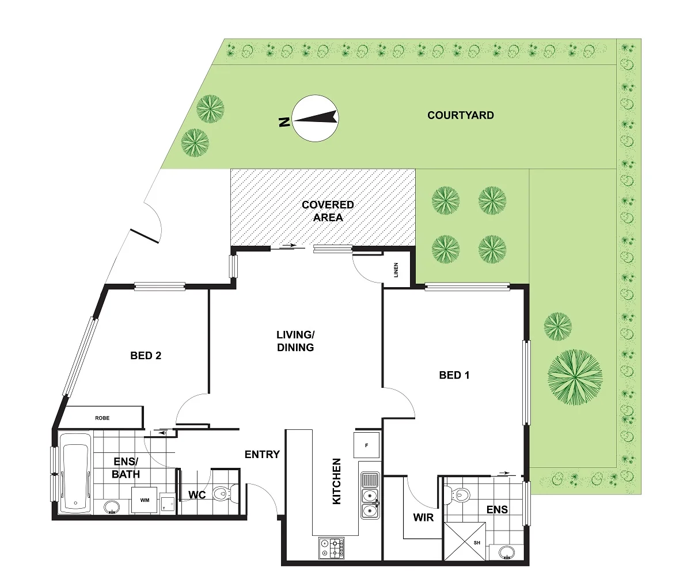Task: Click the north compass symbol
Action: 315,117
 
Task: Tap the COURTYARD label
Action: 460,115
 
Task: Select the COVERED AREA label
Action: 328,211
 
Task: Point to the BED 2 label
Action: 146,356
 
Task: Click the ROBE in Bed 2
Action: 102,418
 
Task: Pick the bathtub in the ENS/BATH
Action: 75,472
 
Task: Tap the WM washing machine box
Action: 144,501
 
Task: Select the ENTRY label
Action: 262,455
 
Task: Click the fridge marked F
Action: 367,445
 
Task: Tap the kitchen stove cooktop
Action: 332,548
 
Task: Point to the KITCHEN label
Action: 337,482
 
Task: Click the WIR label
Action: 423,517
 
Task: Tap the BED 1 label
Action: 454,375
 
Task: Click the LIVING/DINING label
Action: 295,341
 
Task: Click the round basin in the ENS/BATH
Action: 112,507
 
